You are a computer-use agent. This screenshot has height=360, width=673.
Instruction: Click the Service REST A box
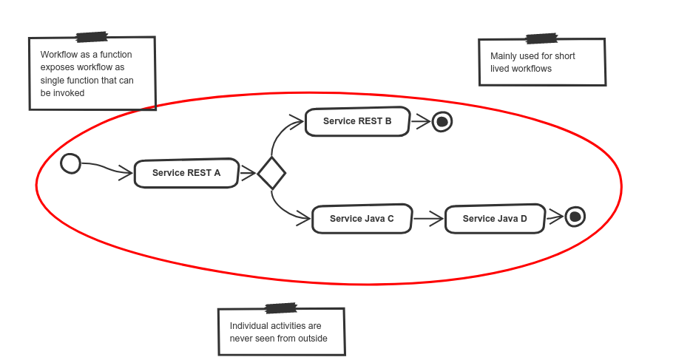tap(186, 174)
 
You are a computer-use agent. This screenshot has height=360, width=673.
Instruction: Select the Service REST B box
tap(357, 122)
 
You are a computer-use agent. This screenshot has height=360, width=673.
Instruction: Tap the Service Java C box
tap(362, 219)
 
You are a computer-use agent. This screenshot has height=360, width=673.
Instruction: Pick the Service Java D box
tap(495, 219)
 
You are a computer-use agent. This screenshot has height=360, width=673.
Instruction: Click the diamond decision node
tap(271, 174)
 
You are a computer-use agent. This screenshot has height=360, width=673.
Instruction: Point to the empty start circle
tap(70, 163)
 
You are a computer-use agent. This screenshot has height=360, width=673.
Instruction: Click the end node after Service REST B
tap(442, 122)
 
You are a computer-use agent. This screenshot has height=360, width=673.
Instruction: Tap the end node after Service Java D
tap(575, 217)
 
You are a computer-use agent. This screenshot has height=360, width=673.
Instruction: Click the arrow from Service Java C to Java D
tap(427, 219)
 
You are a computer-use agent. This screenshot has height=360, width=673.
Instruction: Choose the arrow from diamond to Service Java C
tap(285, 211)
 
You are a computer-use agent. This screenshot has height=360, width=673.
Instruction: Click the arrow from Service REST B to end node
tap(419, 122)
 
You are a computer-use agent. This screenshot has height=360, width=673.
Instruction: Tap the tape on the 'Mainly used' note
tap(541, 38)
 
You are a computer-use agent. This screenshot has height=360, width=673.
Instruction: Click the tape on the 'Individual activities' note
tap(281, 308)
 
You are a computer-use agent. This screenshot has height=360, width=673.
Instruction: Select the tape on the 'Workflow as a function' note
tap(92, 36)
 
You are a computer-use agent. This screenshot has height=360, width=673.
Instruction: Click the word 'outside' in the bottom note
tap(311, 339)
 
